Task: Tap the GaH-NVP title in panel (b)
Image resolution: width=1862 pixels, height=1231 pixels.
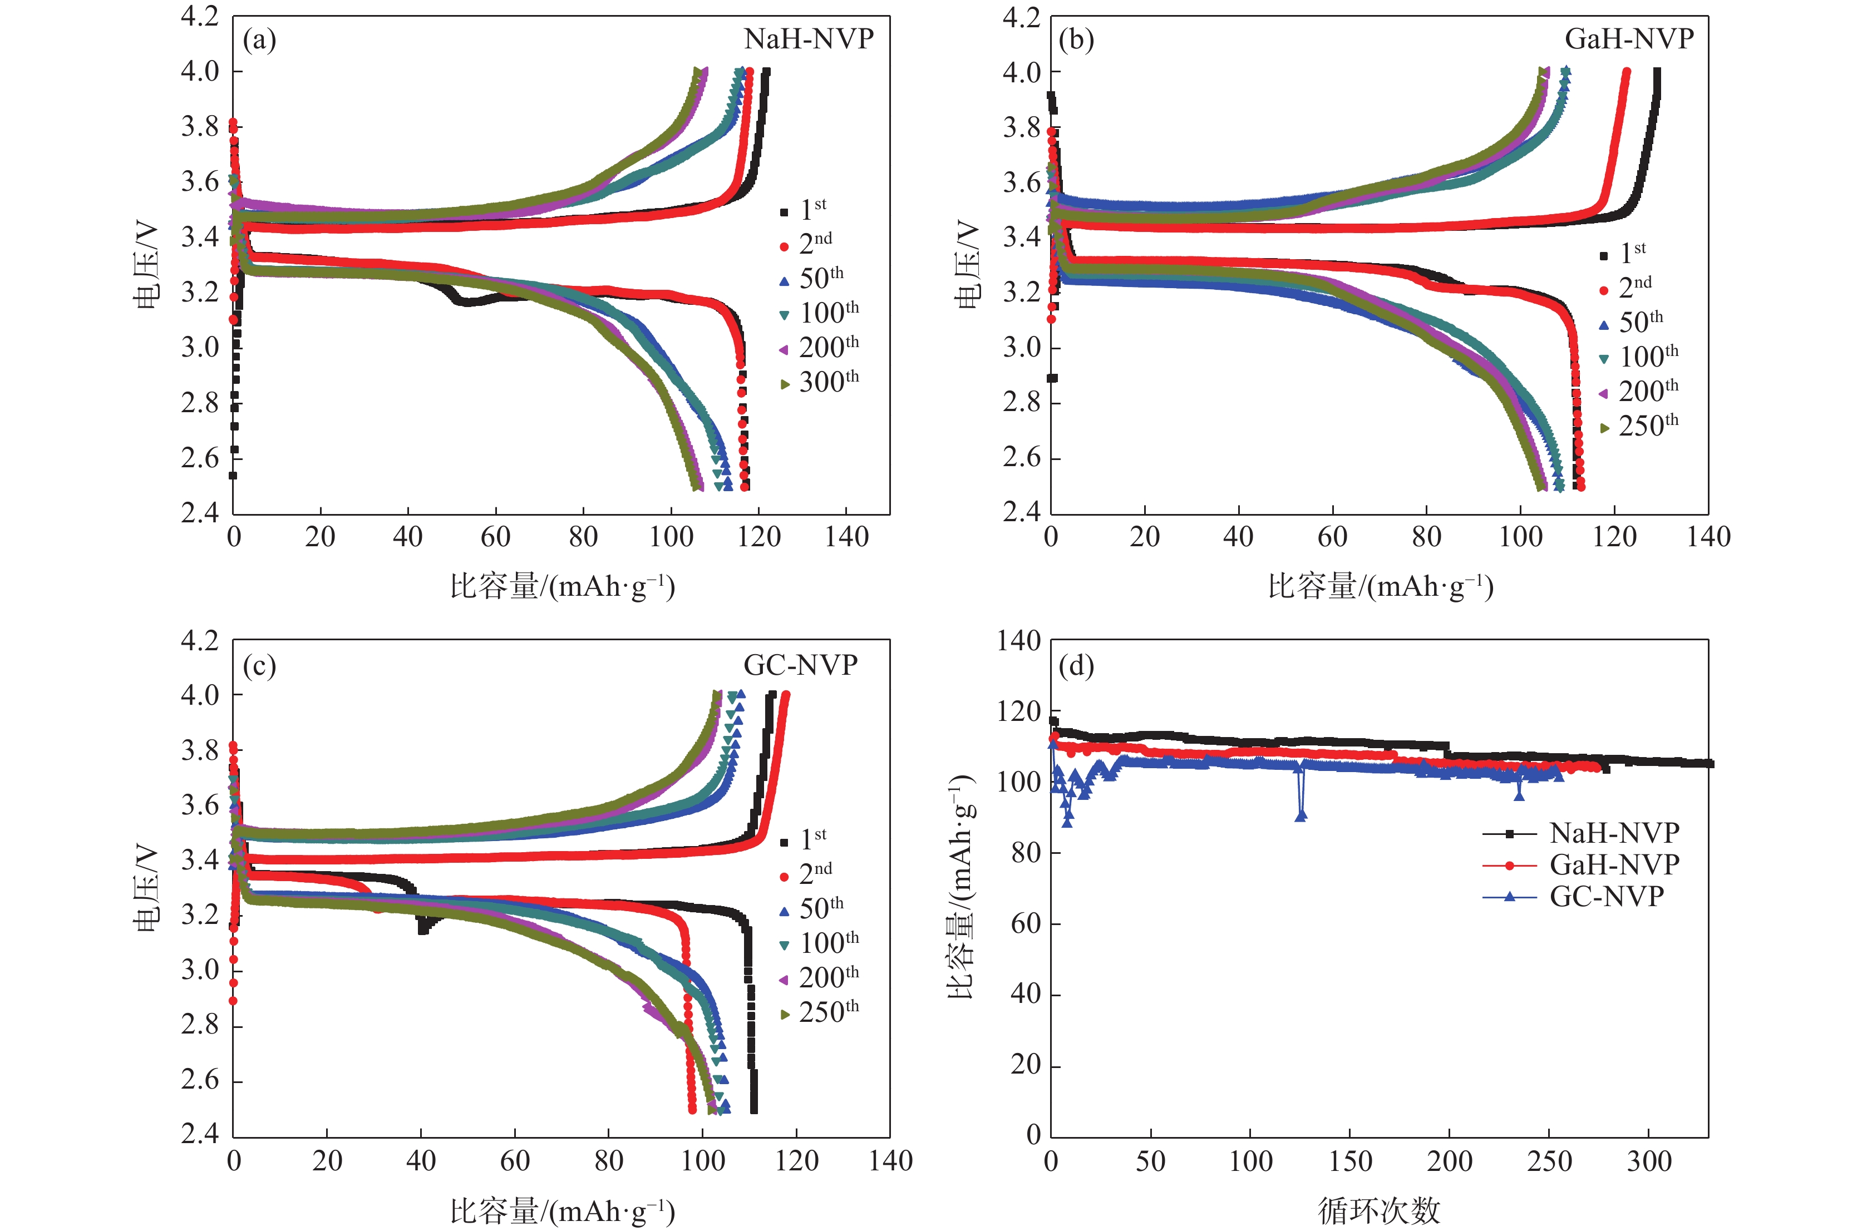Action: [1629, 38]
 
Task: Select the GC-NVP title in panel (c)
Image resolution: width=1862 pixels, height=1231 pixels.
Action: [800, 665]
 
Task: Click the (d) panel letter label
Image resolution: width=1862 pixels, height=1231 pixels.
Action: [1076, 666]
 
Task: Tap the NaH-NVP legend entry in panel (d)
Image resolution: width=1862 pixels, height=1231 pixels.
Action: [1614, 832]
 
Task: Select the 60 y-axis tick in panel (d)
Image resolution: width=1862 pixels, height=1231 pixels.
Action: [1026, 924]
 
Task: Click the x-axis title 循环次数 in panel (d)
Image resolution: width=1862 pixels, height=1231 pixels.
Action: [1379, 1210]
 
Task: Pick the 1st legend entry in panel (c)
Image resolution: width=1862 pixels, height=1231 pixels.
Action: [813, 839]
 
